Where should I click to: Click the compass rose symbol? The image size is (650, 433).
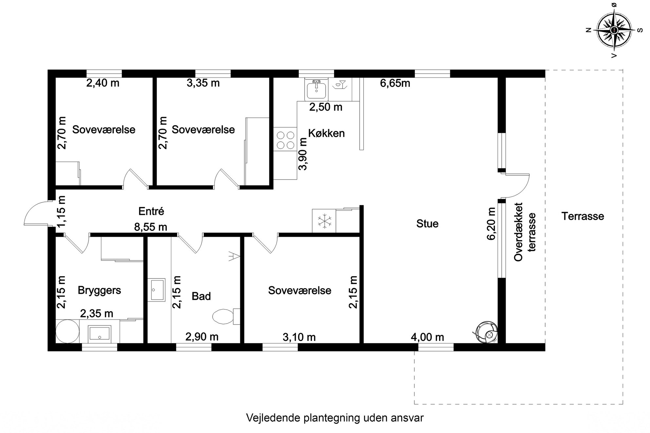click(x=614, y=30)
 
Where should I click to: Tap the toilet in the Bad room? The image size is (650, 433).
click(x=226, y=316)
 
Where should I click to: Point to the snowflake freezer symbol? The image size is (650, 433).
click(x=324, y=221)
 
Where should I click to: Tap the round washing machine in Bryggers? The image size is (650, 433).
click(x=67, y=331)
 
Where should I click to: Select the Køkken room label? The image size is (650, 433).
click(x=327, y=133)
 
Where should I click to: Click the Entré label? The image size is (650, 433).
click(x=151, y=211)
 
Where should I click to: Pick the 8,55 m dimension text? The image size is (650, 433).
click(x=151, y=227)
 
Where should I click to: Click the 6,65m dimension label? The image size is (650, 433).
click(x=395, y=83)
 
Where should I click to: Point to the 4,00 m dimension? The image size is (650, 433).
click(x=428, y=337)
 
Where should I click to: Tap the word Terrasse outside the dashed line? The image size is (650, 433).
click(x=583, y=216)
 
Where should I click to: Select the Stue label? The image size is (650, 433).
click(x=427, y=224)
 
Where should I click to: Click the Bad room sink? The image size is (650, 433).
click(x=158, y=290)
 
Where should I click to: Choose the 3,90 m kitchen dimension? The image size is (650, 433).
click(x=303, y=154)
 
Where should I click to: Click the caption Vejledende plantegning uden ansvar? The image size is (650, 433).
click(x=335, y=418)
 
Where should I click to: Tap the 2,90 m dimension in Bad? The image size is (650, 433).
click(x=202, y=336)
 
